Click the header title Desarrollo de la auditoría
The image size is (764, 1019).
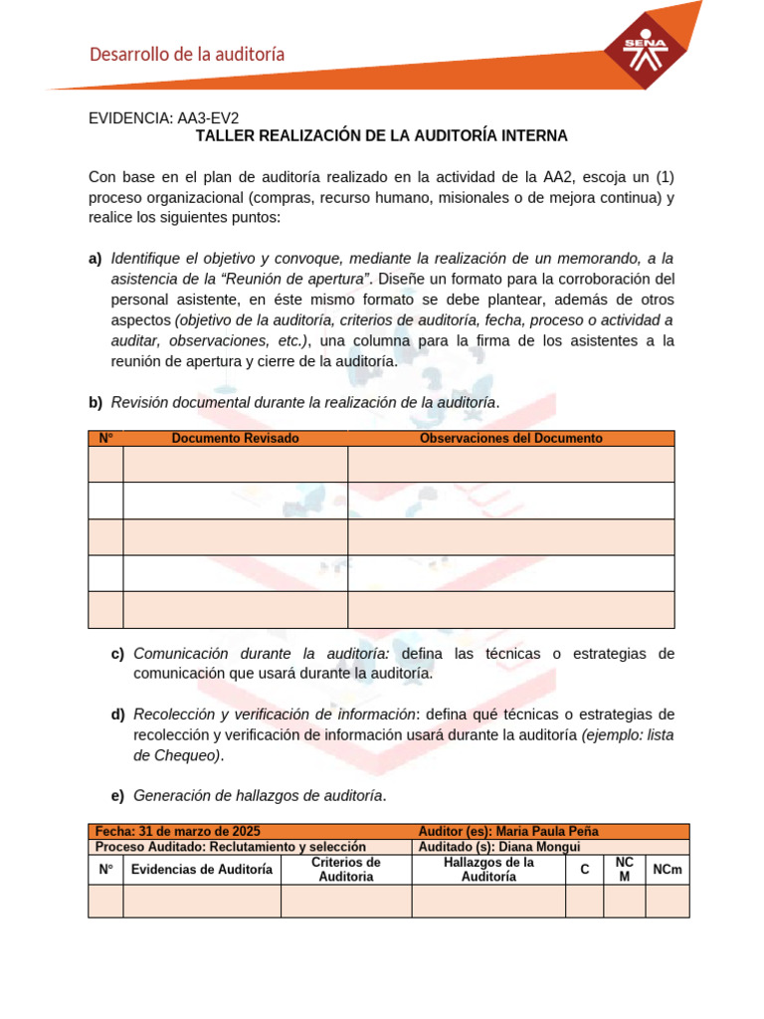coord(187,55)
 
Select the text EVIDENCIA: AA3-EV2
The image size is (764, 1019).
coord(164,117)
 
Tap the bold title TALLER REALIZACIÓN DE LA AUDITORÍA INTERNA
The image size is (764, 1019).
coord(381,135)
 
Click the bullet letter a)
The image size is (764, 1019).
coord(95,259)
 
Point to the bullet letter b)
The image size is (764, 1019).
coord(95,402)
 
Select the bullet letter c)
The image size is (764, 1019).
coord(117,654)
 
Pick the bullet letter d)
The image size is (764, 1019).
coord(117,714)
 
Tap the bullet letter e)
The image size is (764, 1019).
coord(117,795)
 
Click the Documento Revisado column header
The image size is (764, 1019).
coord(235,438)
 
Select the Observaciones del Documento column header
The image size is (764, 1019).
coord(510,438)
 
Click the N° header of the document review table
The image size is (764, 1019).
coord(105,438)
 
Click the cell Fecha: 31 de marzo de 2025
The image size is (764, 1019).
coord(178,831)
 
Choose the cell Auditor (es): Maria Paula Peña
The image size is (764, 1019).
coord(508,831)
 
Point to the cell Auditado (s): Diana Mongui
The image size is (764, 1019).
coord(499,846)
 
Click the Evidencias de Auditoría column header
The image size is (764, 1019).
coord(202,869)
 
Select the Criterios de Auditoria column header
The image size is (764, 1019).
coord(346,869)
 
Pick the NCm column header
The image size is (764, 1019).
coord(668,869)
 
